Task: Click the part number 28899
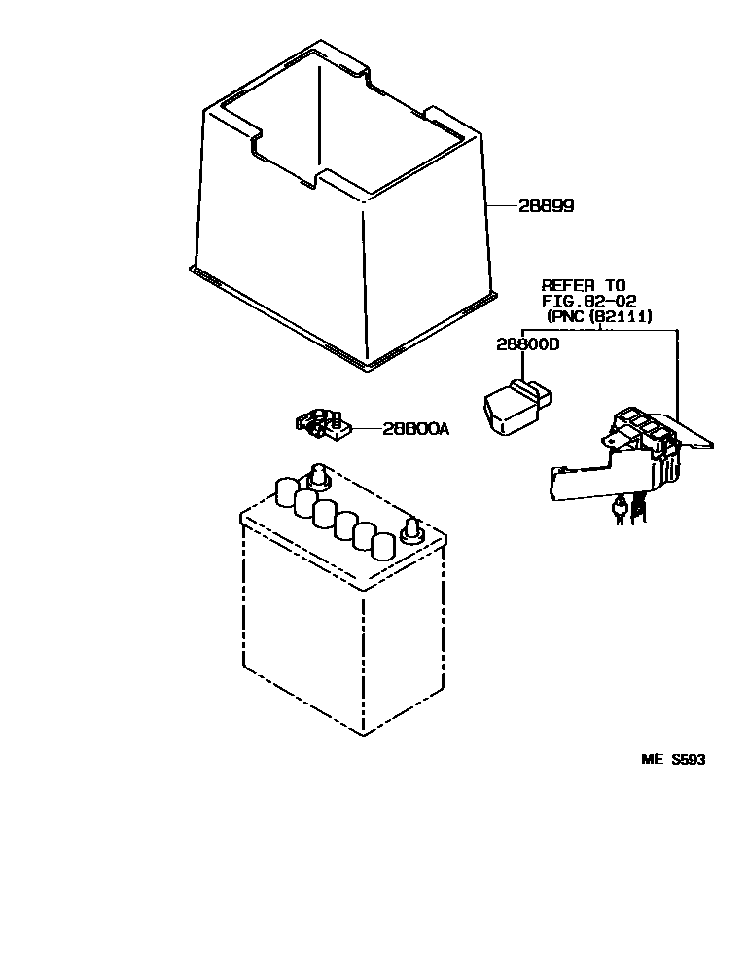click(546, 206)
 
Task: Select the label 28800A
click(414, 428)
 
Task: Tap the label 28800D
click(528, 344)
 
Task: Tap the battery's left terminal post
click(317, 476)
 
